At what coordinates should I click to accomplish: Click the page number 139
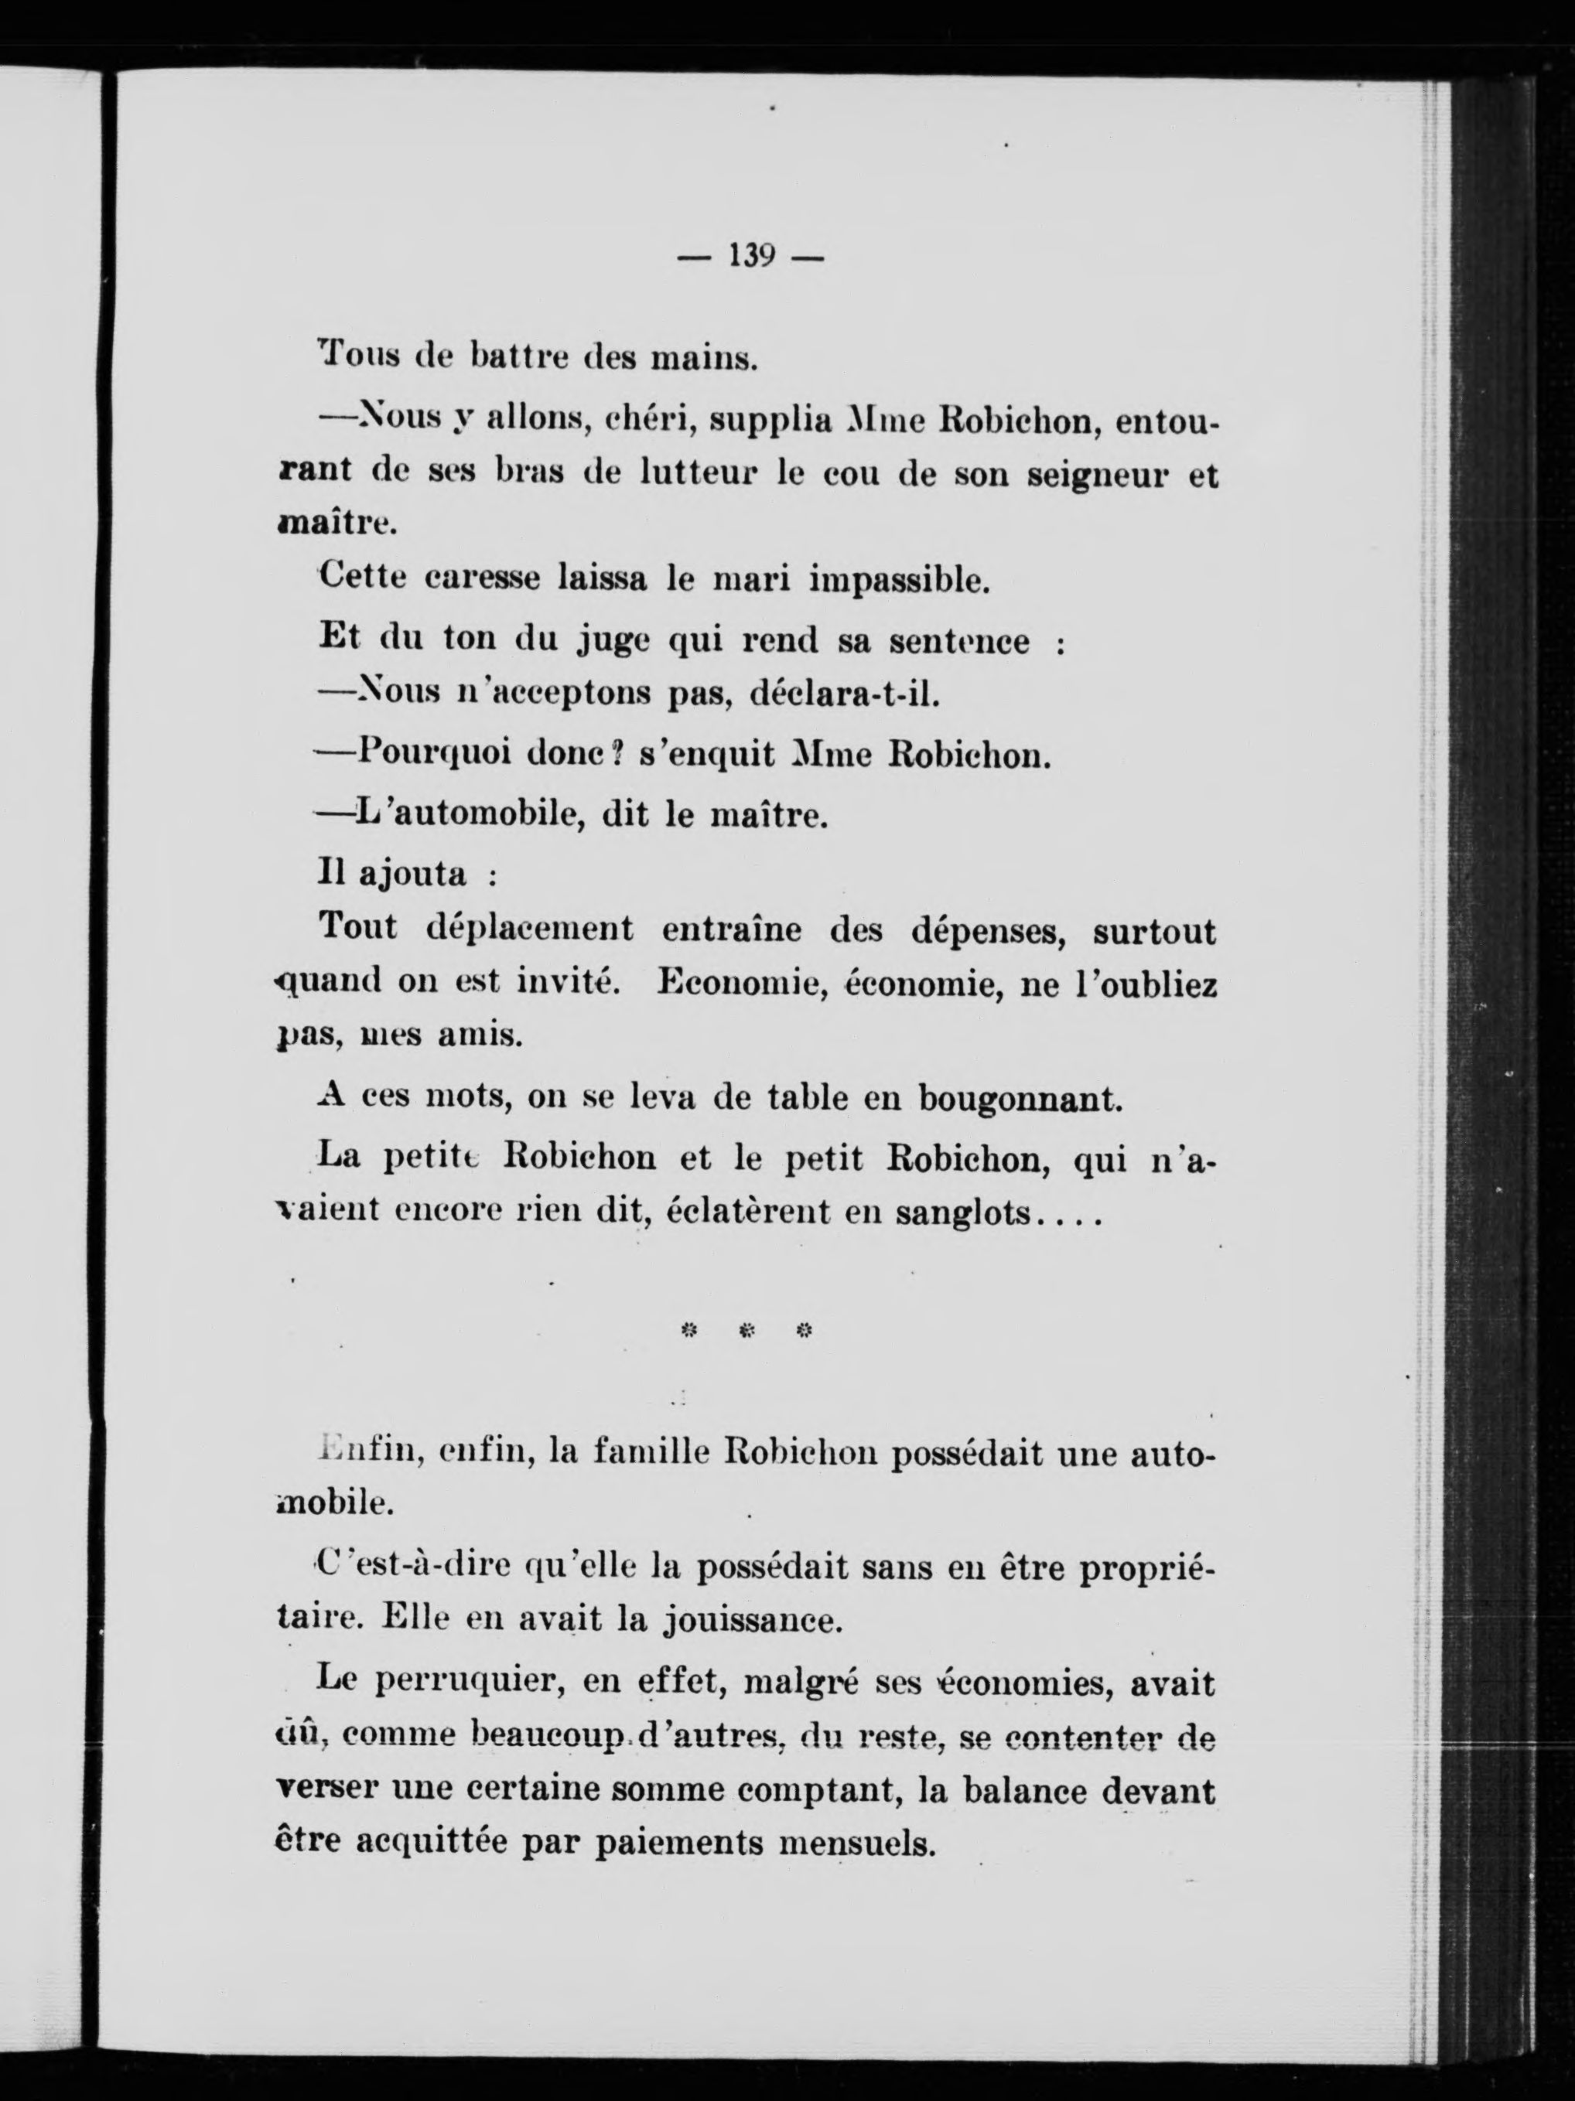(750, 257)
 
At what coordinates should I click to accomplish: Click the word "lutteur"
(686, 474)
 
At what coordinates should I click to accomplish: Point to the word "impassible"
(900, 580)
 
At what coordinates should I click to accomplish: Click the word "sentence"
(958, 642)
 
